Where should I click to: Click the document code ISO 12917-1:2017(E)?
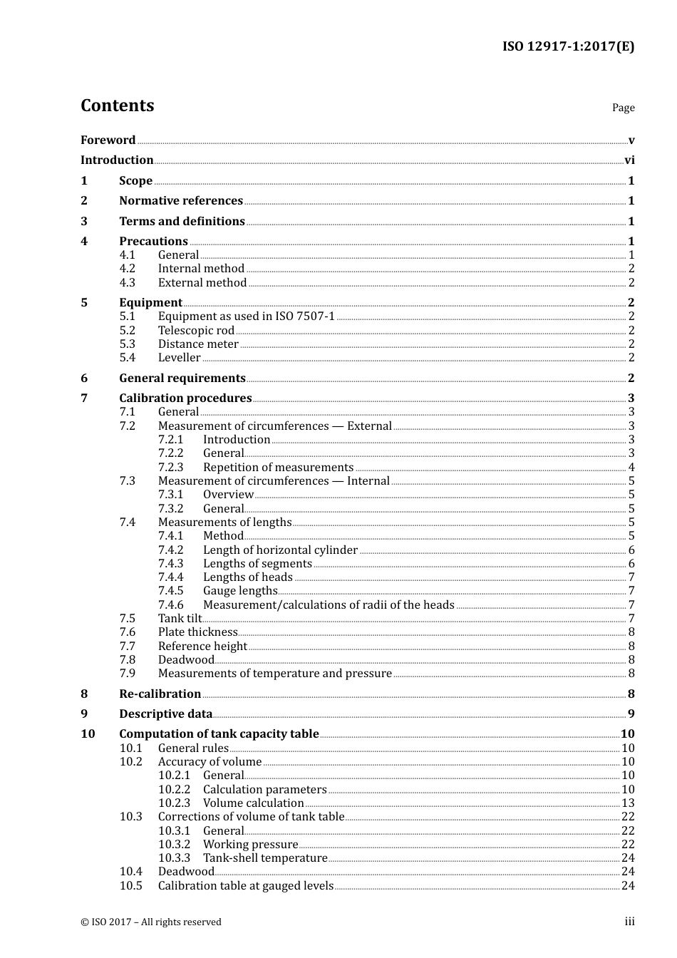coord(568,47)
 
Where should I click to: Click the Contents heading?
coord(117,105)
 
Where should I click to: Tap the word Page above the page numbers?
coord(623,108)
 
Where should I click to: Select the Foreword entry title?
coord(108,140)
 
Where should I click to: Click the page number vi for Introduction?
coord(629,160)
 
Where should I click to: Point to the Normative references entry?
coord(181,201)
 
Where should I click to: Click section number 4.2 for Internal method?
coord(127,269)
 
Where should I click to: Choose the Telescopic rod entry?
coord(196,331)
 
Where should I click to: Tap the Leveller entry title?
coord(179,358)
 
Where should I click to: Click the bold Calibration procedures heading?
coord(185,398)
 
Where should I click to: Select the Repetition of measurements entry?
coord(278,468)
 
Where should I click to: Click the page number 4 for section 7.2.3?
coord(631,468)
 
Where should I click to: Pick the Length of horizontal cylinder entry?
coord(280,550)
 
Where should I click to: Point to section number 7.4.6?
coord(170,605)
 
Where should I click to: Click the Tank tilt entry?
coord(180,619)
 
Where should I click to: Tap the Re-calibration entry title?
coord(160,694)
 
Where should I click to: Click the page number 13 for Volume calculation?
coord(628,803)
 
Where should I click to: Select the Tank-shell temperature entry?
coord(265,858)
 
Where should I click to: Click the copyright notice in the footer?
coord(151,922)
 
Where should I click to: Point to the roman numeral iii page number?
coord(629,922)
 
